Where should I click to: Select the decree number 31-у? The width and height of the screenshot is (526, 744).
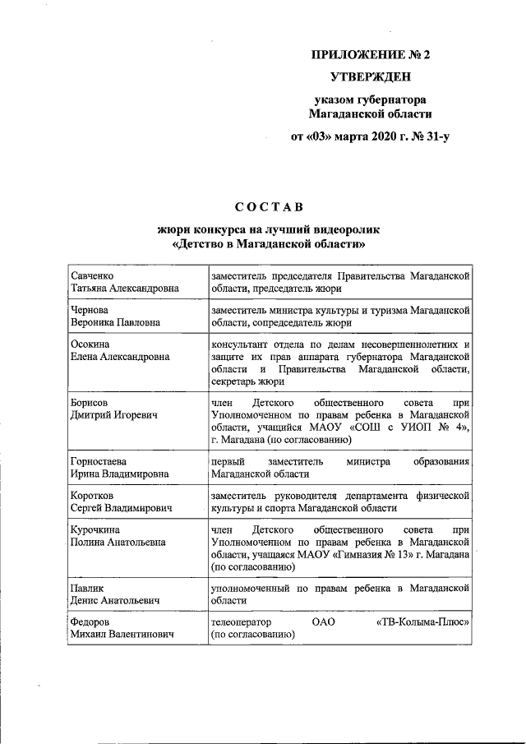point(433,136)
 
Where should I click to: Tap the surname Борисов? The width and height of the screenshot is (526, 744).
point(92,403)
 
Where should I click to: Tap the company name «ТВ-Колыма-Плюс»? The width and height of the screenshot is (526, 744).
point(422,622)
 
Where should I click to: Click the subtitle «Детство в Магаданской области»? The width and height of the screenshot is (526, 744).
point(269,244)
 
